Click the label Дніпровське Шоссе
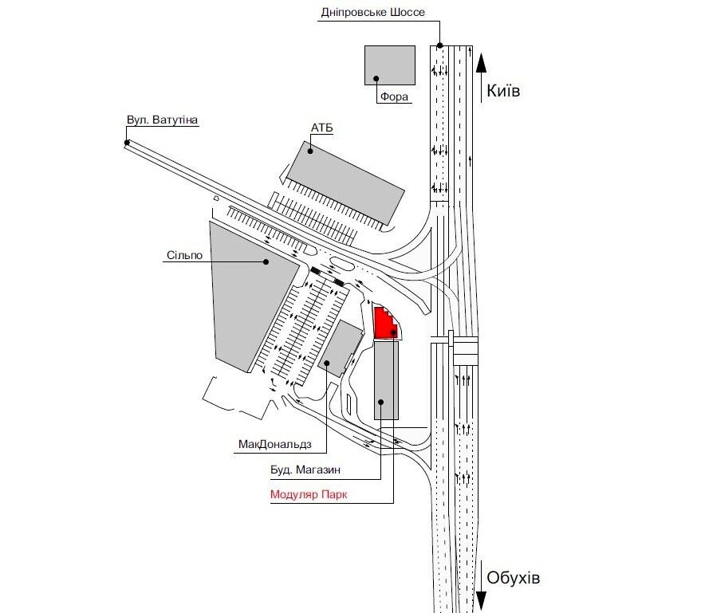pyautogui.click(x=373, y=12)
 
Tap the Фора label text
pyautogui.click(x=394, y=96)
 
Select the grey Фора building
pyautogui.click(x=390, y=65)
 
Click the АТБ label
pyautogui.click(x=322, y=128)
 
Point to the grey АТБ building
pyautogui.click(x=345, y=183)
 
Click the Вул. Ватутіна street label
pyautogui.click(x=162, y=120)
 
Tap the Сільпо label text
pyautogui.click(x=185, y=255)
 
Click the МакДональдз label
pyautogui.click(x=275, y=444)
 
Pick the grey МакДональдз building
pyautogui.click(x=341, y=348)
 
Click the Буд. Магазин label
pyautogui.click(x=305, y=470)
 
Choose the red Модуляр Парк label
pyautogui.click(x=309, y=494)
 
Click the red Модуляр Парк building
pyautogui.click(x=385, y=323)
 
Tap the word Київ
pyautogui.click(x=503, y=91)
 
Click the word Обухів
pyautogui.click(x=514, y=578)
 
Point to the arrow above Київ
pyautogui.click(x=481, y=79)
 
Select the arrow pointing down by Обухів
pyautogui.click(x=481, y=586)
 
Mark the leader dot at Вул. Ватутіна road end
pyautogui.click(x=127, y=143)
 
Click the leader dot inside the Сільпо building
pyautogui.click(x=266, y=261)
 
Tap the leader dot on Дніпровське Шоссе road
pyautogui.click(x=440, y=45)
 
